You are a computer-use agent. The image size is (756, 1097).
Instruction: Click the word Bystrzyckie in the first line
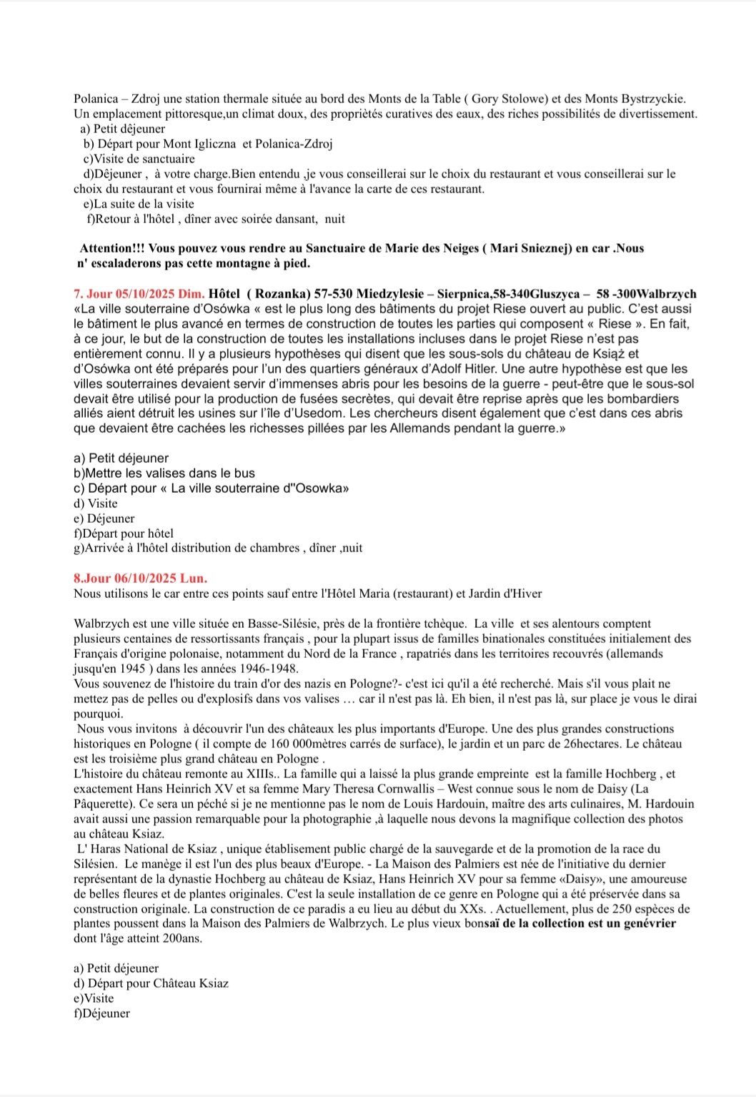[652, 99]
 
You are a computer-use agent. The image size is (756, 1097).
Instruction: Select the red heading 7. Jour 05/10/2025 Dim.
[139, 294]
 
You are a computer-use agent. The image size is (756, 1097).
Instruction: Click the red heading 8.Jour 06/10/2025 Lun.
[140, 578]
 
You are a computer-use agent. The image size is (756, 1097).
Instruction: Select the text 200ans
[182, 938]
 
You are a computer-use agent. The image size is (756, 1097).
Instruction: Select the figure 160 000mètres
[309, 744]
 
